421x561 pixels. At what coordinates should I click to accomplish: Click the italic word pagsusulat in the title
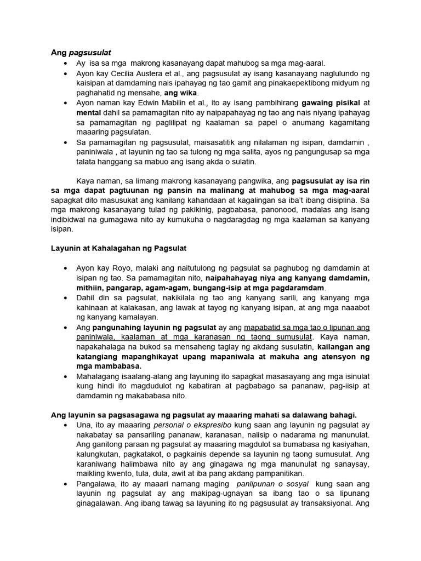[x=90, y=53]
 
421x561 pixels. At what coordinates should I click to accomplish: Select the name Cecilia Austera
[x=128, y=73]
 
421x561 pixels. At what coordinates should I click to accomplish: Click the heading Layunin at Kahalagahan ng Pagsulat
[x=119, y=248]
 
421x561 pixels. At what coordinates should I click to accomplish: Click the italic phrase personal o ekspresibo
[x=188, y=425]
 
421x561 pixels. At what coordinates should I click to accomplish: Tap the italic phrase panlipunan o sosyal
[x=272, y=484]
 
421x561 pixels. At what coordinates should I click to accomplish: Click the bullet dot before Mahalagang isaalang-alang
[x=66, y=376]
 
